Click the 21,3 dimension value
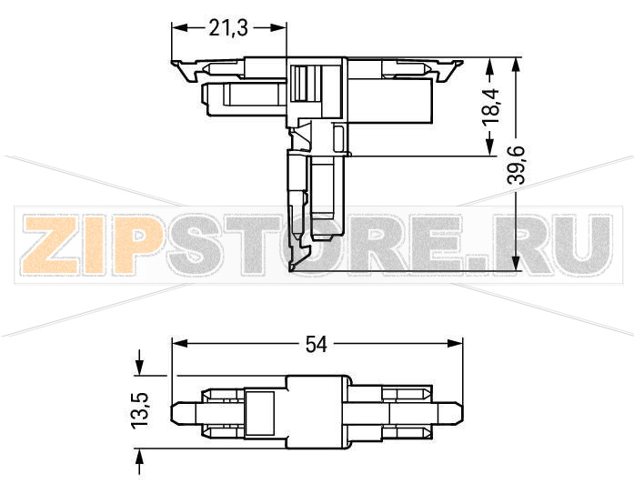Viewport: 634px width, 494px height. coord(228,28)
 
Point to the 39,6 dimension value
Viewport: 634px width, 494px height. coord(517,164)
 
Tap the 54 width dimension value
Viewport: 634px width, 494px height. coord(316,344)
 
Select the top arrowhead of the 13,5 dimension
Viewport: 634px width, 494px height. coord(138,365)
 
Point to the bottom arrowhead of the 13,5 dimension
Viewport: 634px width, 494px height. coord(138,458)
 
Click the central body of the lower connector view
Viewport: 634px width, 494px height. coord(318,411)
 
